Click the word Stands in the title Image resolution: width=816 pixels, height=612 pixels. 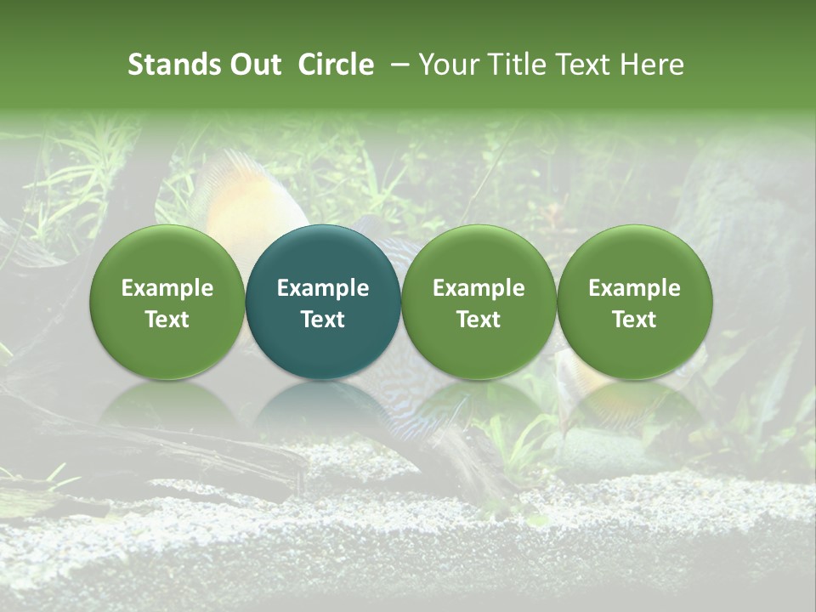175,65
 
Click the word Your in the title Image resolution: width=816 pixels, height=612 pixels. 450,65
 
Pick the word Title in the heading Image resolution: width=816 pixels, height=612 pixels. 520,65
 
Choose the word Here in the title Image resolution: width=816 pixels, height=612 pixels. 654,65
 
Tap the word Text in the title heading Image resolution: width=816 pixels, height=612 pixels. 588,65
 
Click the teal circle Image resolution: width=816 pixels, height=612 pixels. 323,302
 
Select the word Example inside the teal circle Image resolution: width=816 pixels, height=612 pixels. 323,288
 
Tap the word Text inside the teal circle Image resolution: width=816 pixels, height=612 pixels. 323,320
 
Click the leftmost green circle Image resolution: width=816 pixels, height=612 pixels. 167,302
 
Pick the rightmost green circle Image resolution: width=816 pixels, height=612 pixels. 634,302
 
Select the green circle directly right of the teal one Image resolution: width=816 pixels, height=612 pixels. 479,302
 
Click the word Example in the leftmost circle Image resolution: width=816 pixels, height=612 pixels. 167,288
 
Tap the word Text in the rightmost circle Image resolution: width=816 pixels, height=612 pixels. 634,320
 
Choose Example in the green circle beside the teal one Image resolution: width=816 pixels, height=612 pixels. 479,288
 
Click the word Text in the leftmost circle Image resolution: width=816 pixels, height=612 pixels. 167,320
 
